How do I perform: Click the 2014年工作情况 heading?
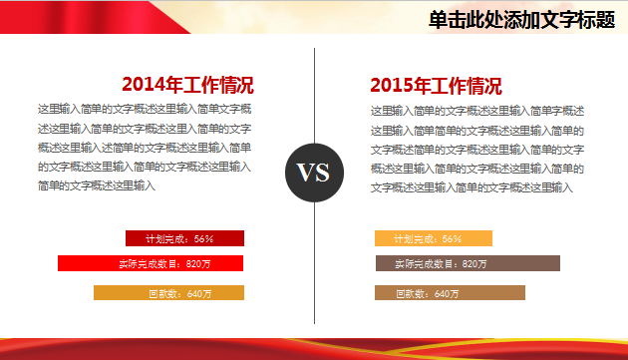[x=187, y=85]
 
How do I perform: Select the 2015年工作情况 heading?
[x=436, y=85]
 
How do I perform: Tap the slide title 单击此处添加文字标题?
[x=520, y=20]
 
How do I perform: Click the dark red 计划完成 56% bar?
[x=184, y=238]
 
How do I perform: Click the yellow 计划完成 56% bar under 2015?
[x=434, y=238]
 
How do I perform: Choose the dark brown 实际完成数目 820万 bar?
[x=468, y=263]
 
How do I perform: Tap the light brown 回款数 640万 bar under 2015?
[x=450, y=293]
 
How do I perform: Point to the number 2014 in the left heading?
[x=144, y=85]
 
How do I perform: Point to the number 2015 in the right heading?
[x=392, y=85]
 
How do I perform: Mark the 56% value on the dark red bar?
[x=204, y=239]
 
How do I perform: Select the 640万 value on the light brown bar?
[x=448, y=294]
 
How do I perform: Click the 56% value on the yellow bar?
[x=452, y=239]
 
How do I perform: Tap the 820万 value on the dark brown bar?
[x=475, y=264]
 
